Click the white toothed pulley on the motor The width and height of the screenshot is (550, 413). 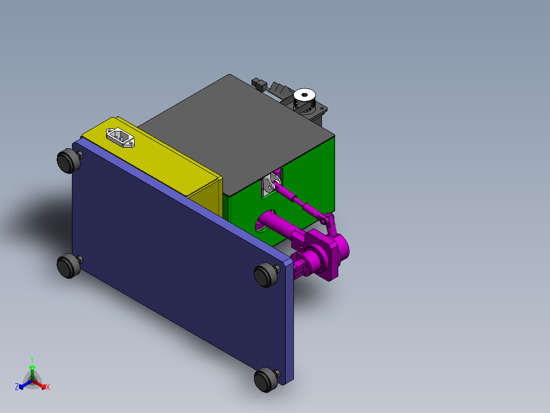click(305, 96)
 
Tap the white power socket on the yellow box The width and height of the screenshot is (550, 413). click(121, 137)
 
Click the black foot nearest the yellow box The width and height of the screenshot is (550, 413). click(67, 161)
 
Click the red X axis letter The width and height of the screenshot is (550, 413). click(48, 387)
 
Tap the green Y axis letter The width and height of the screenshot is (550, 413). click(32, 359)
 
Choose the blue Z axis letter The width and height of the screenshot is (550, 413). click(17, 387)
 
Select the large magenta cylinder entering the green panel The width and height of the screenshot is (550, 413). click(276, 224)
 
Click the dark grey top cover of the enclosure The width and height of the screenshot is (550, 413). click(235, 130)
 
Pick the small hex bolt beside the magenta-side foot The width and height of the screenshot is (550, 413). click(278, 268)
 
